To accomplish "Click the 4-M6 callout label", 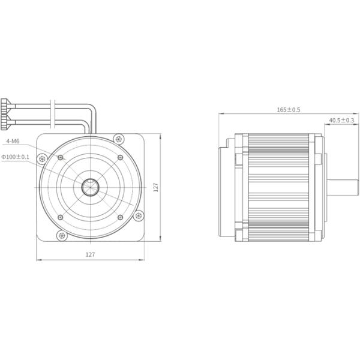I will [13, 142].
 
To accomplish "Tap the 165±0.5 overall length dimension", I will [288, 110].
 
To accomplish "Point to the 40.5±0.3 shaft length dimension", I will [341, 120].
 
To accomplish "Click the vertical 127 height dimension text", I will [155, 188].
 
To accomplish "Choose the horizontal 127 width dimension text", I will [90, 254].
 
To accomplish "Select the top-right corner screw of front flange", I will [119, 139].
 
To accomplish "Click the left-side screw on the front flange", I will [41, 158].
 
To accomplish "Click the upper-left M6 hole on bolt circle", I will [61, 157].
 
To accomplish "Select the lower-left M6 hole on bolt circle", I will [61, 217].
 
